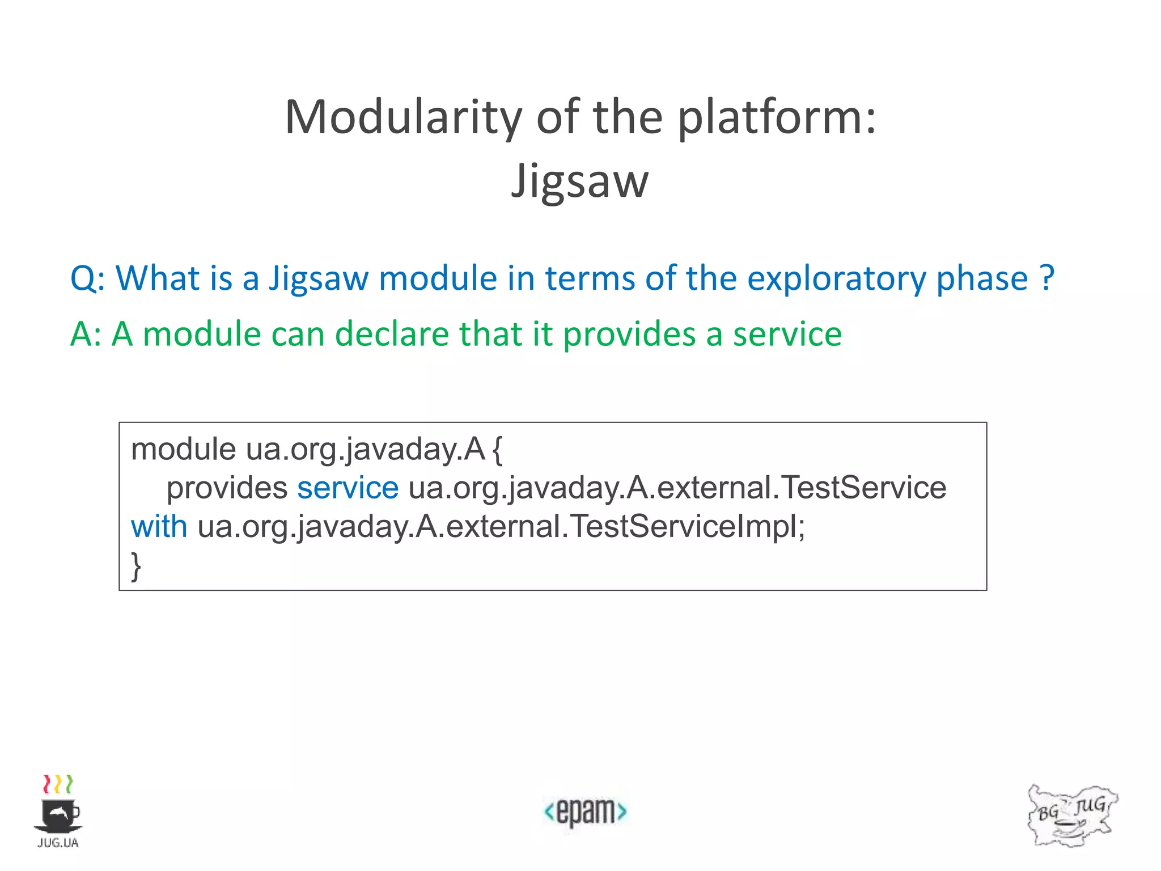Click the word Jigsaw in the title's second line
(x=579, y=181)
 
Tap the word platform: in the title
(x=777, y=117)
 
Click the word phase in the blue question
(x=982, y=279)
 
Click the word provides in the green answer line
(x=629, y=335)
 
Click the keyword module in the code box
(x=183, y=449)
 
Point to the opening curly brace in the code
(x=497, y=450)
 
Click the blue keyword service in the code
(x=348, y=488)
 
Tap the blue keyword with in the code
(x=159, y=526)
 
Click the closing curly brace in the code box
(x=136, y=565)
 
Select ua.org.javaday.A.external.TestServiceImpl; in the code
(x=501, y=527)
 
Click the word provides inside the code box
(x=227, y=488)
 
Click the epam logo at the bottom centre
(x=585, y=811)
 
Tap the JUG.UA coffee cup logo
(x=58, y=811)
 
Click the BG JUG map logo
(x=1071, y=815)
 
